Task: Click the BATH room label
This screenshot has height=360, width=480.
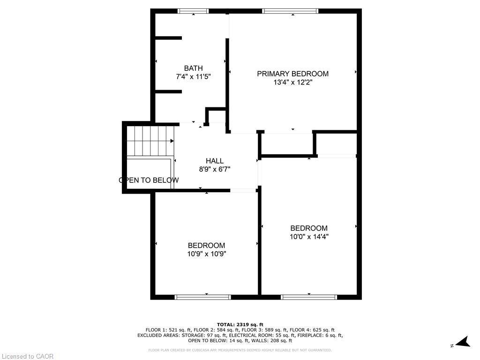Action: coord(193,68)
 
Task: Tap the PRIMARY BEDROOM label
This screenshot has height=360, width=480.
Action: coord(292,74)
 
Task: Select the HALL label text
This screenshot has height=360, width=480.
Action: coord(214,161)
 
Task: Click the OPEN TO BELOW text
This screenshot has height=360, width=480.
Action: coord(149,180)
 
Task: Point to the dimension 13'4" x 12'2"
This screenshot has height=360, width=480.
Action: coord(292,82)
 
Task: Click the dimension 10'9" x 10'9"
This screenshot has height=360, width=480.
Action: coord(207,254)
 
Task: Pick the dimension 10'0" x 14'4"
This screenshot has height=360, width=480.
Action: coord(309,237)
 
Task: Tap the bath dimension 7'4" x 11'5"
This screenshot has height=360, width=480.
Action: coord(193,76)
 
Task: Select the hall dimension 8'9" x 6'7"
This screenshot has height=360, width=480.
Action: coord(214,169)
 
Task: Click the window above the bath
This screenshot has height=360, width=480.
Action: coord(193,11)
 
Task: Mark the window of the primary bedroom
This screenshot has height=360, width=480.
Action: coord(290,11)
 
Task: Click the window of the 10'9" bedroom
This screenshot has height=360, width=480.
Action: coord(202,297)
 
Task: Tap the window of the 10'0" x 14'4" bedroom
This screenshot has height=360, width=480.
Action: coord(309,297)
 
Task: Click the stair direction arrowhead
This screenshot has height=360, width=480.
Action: coord(172,141)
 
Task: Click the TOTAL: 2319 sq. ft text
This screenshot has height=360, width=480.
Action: coord(240,324)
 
